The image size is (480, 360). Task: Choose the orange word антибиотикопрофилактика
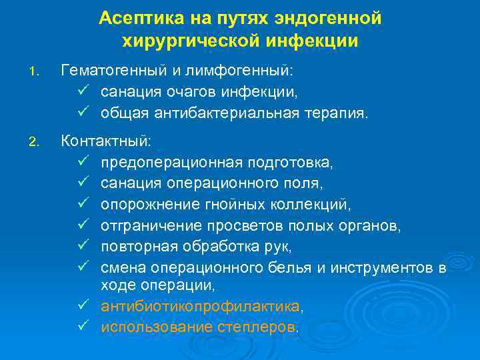click(199, 306)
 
